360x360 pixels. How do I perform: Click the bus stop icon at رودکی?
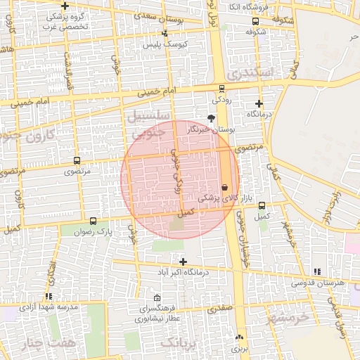click(222, 89)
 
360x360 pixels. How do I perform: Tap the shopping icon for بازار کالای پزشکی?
click(224, 187)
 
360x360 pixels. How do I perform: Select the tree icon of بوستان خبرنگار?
click(211, 117)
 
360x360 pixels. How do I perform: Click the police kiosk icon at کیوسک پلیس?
click(165, 33)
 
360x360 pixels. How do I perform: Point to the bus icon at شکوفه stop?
click(256, 32)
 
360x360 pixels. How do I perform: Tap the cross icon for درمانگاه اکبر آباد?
click(183, 262)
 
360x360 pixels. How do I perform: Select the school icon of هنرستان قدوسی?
click(317, 271)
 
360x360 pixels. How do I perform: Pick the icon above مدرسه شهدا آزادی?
click(48, 297)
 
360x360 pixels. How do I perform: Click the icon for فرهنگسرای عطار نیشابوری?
click(156, 297)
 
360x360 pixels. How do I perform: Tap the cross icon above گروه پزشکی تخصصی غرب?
click(65, 6)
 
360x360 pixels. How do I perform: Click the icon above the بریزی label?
click(240, 337)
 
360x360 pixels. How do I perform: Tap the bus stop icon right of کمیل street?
click(262, 206)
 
